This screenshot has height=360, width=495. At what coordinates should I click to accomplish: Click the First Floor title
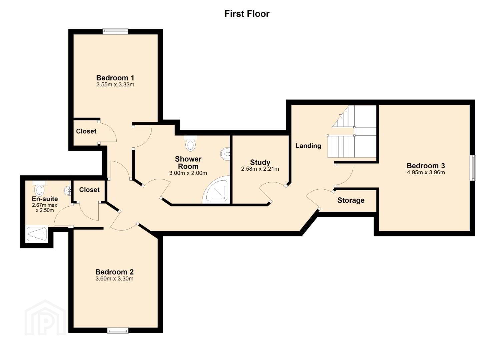247,14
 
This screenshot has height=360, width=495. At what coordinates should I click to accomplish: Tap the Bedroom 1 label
115,78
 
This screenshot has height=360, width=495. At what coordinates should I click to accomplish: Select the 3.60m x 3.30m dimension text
114,279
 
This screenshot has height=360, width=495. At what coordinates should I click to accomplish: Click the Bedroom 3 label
426,166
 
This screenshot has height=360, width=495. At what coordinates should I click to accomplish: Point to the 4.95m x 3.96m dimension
426,172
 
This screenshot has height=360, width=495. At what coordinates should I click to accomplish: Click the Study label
260,162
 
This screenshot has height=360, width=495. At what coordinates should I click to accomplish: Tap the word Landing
308,146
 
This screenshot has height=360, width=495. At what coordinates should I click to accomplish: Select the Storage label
351,200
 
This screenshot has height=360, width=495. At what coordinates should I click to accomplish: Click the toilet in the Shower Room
190,143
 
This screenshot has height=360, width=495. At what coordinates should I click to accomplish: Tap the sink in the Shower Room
225,153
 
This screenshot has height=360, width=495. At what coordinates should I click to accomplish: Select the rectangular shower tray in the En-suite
37,234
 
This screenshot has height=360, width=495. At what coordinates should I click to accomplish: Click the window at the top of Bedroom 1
115,31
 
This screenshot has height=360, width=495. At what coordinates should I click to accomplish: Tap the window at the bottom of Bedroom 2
118,331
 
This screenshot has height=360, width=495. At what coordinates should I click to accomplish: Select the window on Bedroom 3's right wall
473,168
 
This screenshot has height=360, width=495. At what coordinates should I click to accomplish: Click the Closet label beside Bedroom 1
86,131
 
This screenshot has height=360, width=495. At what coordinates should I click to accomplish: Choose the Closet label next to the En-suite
89,190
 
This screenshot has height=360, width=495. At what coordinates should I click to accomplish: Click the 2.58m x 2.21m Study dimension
260,169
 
